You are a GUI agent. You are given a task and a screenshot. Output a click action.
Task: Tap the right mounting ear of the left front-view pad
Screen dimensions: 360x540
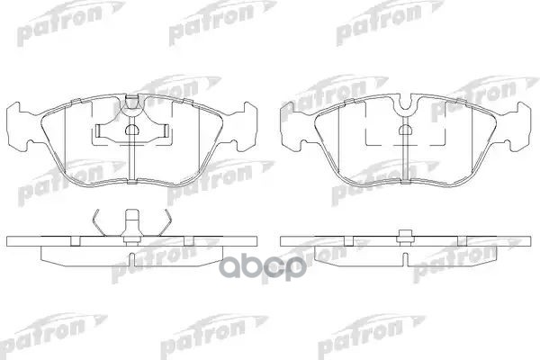pyautogui.click(x=248, y=127)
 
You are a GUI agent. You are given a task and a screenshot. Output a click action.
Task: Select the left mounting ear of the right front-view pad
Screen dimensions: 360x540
pyautogui.click(x=292, y=127)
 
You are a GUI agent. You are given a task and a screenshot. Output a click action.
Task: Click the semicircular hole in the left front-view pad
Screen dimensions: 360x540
pyautogui.click(x=131, y=130)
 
